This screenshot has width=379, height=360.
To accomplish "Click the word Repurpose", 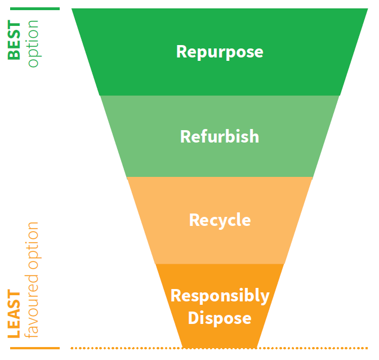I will [x=220, y=52].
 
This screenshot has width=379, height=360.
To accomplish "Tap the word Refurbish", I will [x=220, y=136].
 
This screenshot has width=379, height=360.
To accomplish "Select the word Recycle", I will [x=220, y=220].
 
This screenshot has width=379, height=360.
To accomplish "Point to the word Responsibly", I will [x=220, y=296].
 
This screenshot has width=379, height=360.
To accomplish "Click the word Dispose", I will [x=220, y=318].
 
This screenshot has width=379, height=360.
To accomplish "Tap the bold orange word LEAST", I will [x=15, y=314].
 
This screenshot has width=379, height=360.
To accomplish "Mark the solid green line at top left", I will [x=34, y=8].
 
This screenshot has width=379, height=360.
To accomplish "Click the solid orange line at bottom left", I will [x=34, y=348].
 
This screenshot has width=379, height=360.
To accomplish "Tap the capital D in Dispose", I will [x=193, y=318].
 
